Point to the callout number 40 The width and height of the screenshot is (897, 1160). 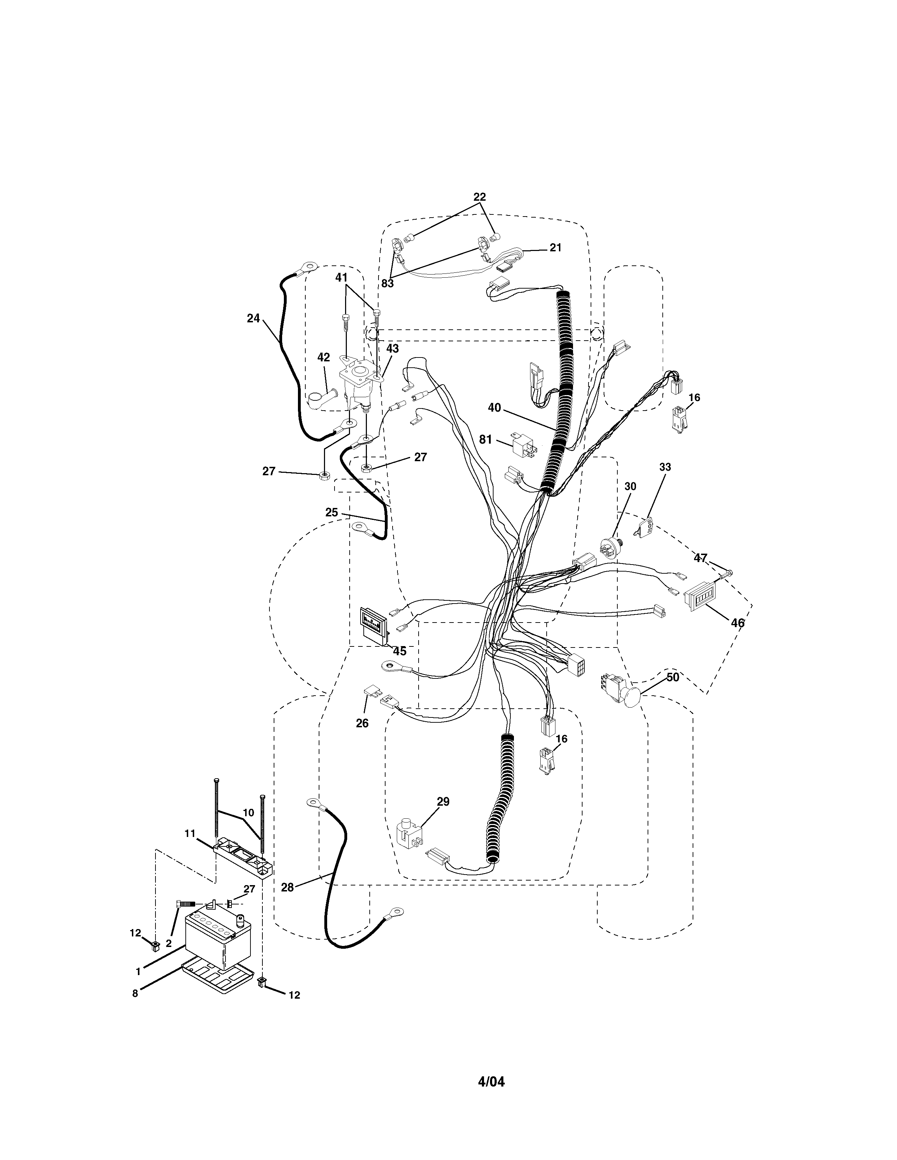point(494,407)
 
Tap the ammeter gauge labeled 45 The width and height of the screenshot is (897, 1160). point(375,625)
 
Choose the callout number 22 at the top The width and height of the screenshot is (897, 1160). point(479,196)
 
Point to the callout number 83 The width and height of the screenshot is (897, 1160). point(387,284)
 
